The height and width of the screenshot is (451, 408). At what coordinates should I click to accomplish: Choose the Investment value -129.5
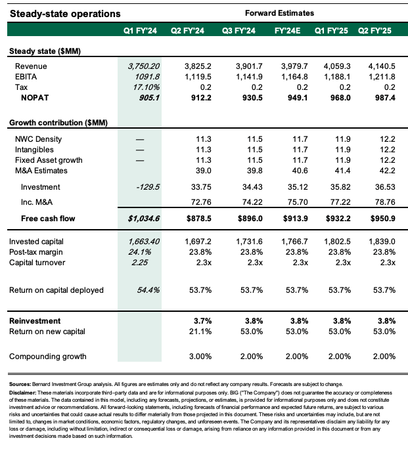point(148,186)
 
